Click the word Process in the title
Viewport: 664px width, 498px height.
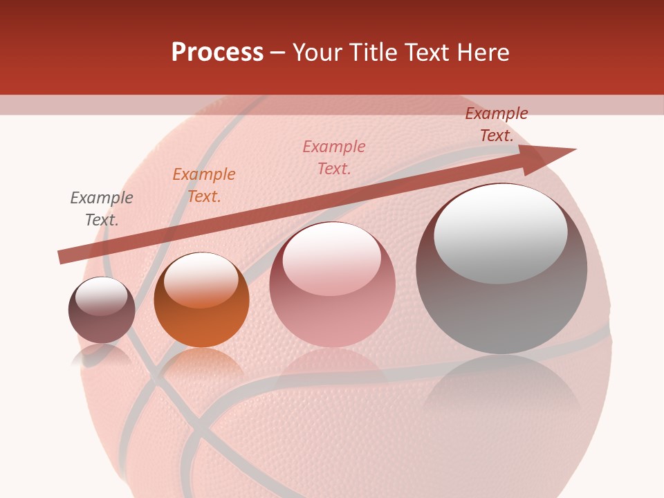217,53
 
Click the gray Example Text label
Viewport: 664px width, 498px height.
102,209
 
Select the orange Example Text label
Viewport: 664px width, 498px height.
204,185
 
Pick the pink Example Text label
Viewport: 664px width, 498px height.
334,157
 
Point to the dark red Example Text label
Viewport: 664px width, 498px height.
496,124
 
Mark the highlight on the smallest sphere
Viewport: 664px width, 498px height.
102,296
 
